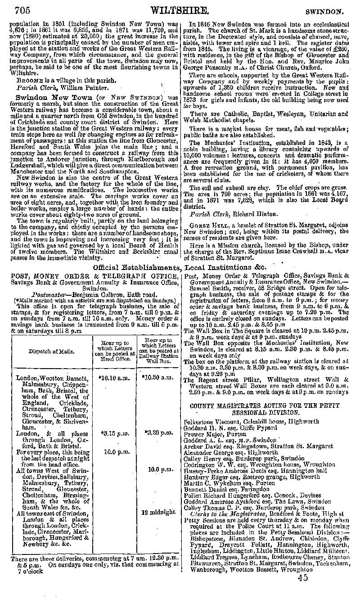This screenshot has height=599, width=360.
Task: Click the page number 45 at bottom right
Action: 302,578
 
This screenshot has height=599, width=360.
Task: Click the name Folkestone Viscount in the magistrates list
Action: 211,421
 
